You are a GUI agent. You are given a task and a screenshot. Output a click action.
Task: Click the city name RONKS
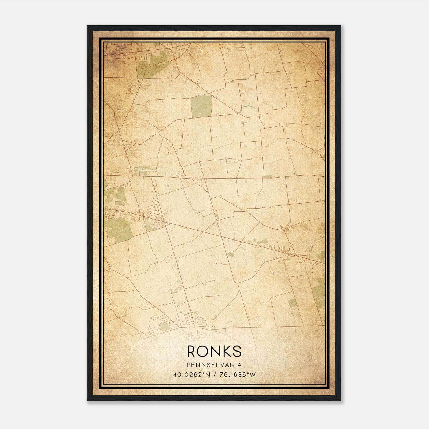(x=214, y=351)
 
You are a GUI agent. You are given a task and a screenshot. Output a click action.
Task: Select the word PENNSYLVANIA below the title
(x=214, y=365)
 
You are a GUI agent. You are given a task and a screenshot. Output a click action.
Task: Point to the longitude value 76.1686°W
(x=238, y=375)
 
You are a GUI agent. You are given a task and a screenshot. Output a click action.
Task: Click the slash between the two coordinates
(x=214, y=375)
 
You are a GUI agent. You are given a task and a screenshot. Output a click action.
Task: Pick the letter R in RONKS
(x=192, y=351)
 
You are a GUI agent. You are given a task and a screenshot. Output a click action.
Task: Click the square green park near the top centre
(x=201, y=106)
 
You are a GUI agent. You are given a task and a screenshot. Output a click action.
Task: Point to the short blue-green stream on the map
(x=247, y=108)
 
